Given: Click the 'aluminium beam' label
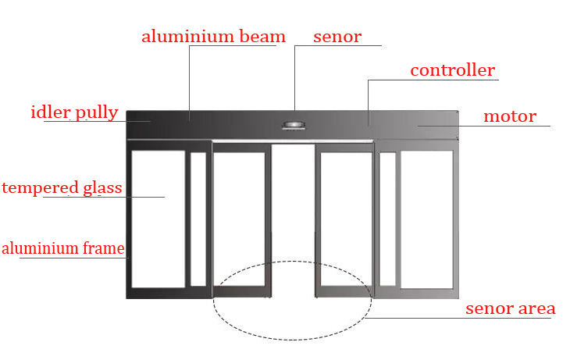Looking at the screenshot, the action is click(x=213, y=37).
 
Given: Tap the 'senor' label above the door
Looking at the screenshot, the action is click(x=337, y=37).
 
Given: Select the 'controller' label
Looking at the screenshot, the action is click(x=453, y=70).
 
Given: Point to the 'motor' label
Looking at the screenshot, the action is click(x=510, y=116).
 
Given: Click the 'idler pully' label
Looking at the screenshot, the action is click(x=74, y=112).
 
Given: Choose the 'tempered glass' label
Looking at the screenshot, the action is click(x=62, y=188).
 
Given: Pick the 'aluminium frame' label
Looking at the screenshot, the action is click(x=63, y=248).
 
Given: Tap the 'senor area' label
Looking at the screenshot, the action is click(x=511, y=308).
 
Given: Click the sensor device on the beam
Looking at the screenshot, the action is click(x=294, y=126).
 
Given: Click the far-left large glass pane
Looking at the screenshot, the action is click(x=159, y=219).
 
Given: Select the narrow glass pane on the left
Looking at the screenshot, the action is click(x=198, y=219).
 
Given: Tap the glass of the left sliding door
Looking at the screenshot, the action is click(x=239, y=219).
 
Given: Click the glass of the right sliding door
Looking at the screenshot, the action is click(x=346, y=219).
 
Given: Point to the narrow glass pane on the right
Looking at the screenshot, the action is click(x=387, y=219).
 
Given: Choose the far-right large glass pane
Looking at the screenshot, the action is click(x=427, y=219).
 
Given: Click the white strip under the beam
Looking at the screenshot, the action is click(x=293, y=141).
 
